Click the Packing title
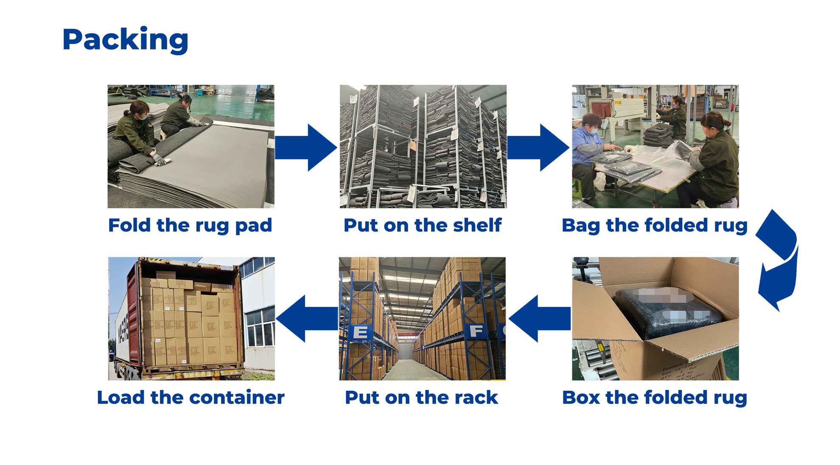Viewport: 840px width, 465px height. point(125,39)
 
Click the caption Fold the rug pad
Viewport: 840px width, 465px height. point(190,226)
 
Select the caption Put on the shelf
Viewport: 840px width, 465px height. point(423,226)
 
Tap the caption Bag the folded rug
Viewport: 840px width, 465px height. point(654,226)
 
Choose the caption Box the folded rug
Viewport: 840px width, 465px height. point(654,398)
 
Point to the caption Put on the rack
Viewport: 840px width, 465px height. point(421,398)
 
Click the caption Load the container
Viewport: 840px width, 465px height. point(190,398)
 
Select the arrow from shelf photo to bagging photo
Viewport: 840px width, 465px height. point(538,148)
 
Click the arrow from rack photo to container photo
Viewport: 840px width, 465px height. point(306,319)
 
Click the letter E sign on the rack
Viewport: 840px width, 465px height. point(361,332)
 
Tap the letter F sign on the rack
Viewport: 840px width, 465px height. point(476,331)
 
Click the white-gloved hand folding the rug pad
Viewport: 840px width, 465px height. point(160,160)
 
